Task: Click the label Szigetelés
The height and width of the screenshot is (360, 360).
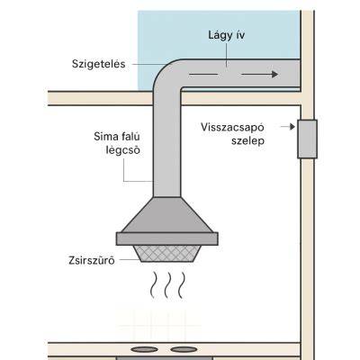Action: point(99,64)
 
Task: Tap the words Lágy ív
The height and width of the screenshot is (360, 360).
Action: point(227,35)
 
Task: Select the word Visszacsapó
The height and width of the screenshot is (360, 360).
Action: point(232,127)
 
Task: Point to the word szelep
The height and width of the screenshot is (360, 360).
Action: point(247,140)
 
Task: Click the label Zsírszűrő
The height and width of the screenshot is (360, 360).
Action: point(92,260)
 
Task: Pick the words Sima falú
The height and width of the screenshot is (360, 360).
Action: point(117,137)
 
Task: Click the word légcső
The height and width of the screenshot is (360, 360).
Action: point(123,149)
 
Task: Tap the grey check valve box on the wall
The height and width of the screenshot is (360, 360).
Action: point(307,139)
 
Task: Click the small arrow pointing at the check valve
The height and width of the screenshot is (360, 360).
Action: point(288,127)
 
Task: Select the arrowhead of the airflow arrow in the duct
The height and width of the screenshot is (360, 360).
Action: point(274,74)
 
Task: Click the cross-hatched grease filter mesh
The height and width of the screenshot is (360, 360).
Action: point(166,254)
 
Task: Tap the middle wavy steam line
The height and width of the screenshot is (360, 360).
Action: point(167,285)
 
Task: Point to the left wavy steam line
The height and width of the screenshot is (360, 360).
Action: point(153,285)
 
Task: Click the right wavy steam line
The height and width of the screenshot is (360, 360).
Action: point(181,285)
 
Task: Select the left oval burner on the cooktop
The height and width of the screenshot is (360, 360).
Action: point(144,349)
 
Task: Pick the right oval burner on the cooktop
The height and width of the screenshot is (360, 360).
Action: point(185,349)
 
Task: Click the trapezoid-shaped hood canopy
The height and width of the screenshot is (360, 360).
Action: point(166,215)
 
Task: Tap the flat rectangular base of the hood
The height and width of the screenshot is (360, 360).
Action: point(166,238)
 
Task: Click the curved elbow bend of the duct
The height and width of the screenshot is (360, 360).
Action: point(164,74)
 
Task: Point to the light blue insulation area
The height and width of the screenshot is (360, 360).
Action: point(219,34)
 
